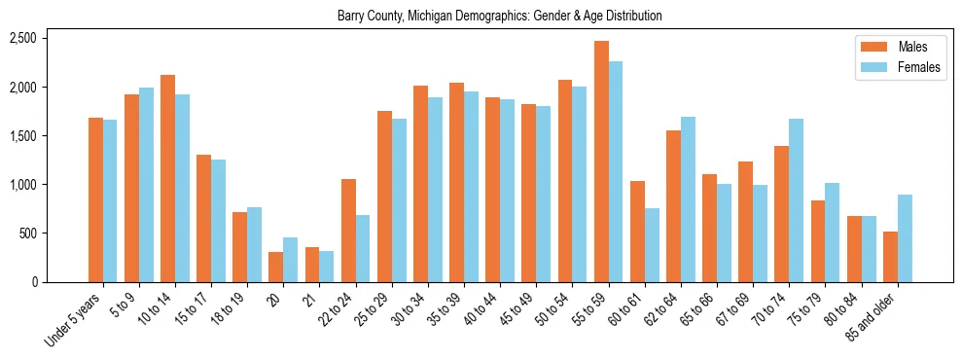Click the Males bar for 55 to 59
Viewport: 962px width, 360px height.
(x=601, y=162)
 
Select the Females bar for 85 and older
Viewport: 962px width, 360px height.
(x=905, y=238)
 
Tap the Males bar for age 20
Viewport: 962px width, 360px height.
(x=276, y=267)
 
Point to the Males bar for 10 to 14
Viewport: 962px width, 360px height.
(x=168, y=178)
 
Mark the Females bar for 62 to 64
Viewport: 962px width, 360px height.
(x=688, y=199)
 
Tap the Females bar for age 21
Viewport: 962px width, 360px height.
(x=327, y=267)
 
